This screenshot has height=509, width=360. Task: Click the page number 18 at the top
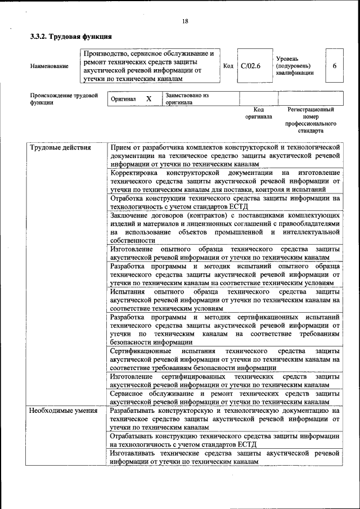coord(185,21)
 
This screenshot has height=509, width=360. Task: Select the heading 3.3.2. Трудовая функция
coord(66,37)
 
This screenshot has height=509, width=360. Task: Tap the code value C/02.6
coord(250,66)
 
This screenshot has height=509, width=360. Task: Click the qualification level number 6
coord(334,66)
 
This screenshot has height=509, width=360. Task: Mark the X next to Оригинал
coord(148,99)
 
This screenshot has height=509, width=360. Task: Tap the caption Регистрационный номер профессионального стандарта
coord(310,120)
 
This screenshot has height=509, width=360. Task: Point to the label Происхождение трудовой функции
coord(60,99)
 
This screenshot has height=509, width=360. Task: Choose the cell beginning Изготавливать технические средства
coord(224,456)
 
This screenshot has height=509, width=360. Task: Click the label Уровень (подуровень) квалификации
coord(294,66)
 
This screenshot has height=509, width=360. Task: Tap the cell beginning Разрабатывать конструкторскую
coord(224,420)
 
